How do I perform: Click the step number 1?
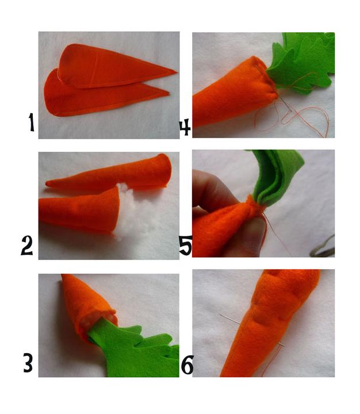click(x=32, y=122)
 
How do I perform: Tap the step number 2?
click(x=27, y=246)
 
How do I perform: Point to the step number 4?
click(x=185, y=127)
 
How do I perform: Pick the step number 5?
click(x=185, y=246)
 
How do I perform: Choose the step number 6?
click(x=187, y=365)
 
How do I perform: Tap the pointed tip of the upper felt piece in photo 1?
click(x=176, y=71)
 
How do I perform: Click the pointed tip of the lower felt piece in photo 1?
click(x=168, y=93)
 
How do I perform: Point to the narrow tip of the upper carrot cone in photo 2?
click(x=47, y=183)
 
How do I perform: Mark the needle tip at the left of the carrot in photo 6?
click(x=220, y=315)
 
